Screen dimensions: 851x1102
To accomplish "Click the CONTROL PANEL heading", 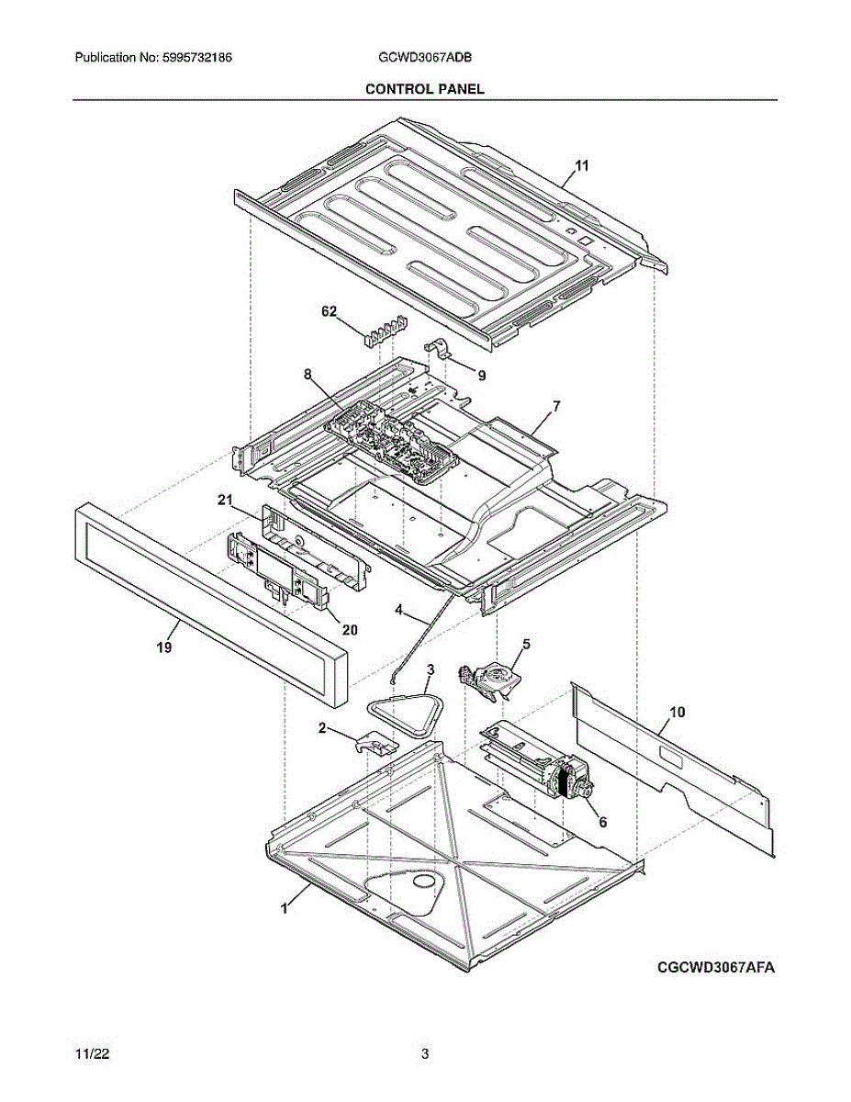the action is click(425, 89).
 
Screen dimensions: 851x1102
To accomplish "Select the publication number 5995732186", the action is click(197, 58).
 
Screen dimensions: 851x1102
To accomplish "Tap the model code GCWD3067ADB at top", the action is click(425, 58).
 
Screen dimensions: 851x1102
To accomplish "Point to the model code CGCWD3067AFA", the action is click(716, 967).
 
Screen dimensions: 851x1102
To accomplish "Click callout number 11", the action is click(581, 166).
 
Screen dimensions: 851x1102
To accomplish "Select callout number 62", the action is click(330, 311).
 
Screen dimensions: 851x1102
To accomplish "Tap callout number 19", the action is click(164, 647).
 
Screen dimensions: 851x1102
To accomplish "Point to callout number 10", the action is click(677, 712).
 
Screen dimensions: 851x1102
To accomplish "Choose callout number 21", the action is click(225, 500).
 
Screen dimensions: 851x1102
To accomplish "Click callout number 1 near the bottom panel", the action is click(285, 908).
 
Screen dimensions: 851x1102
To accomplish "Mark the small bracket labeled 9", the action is click(437, 349).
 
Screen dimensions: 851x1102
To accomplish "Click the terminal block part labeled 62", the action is click(386, 330).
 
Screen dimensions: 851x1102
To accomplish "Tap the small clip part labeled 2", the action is click(377, 745).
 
